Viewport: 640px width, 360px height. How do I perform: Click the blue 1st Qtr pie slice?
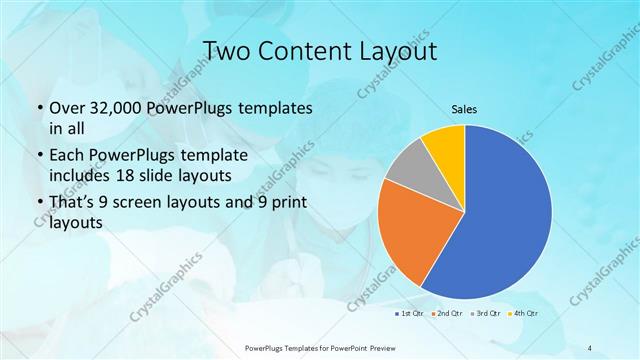coord(505,215)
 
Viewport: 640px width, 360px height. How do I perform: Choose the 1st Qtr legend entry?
coord(411,314)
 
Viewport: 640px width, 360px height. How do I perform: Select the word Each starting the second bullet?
coord(68,156)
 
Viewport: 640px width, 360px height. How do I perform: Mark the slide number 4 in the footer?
coord(590,347)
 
